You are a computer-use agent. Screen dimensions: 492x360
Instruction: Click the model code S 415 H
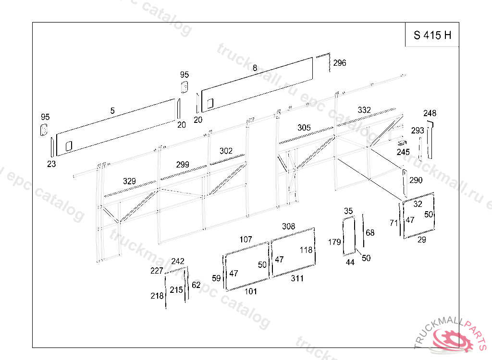(432, 35)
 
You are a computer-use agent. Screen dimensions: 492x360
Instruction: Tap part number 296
(339, 63)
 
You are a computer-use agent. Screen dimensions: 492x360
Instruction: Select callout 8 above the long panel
(255, 68)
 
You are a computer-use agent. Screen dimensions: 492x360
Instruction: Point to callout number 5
(112, 111)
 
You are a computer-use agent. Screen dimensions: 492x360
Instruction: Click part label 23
(51, 164)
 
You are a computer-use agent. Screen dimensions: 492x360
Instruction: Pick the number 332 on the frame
(364, 110)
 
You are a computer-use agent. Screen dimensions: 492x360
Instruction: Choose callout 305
(304, 128)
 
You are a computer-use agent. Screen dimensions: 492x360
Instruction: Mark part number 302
(226, 151)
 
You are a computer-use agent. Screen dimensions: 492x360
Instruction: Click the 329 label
(129, 181)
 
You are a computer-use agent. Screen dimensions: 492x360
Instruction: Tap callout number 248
(430, 113)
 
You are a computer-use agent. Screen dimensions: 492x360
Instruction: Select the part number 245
(403, 152)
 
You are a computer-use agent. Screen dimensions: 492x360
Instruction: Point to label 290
(416, 180)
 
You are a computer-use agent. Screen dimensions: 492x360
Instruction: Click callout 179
(334, 242)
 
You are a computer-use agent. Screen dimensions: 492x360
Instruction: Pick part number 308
(288, 226)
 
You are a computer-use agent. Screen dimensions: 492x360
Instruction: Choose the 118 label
(306, 250)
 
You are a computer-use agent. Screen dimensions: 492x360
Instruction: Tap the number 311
(297, 278)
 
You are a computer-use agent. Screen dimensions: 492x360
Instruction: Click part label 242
(178, 261)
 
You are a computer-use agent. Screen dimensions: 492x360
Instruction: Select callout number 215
(176, 290)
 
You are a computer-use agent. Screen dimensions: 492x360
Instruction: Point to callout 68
(370, 233)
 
